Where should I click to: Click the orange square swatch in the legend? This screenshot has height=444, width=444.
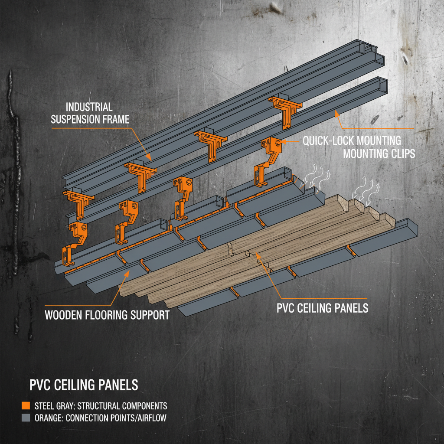coord(25,406)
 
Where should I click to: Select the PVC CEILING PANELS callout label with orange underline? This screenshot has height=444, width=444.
coord(322,308)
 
